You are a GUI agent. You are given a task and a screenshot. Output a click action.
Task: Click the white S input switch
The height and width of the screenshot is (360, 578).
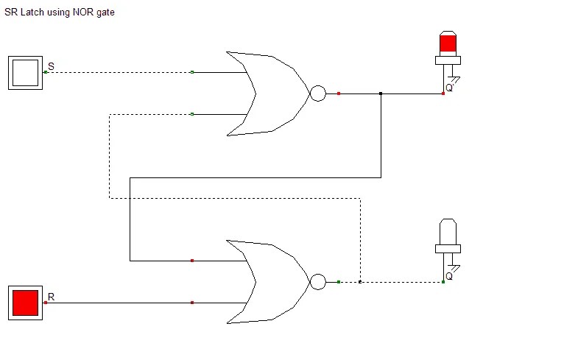coord(25,72)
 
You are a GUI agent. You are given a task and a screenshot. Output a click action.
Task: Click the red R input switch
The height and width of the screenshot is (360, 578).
coord(25,302)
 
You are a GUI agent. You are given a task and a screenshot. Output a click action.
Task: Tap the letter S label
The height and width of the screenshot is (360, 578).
coord(51,67)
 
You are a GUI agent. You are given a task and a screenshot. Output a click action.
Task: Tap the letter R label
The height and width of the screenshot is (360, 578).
coord(51,297)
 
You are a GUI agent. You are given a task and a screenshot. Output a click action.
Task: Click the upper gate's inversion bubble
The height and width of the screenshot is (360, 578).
coord(317,93)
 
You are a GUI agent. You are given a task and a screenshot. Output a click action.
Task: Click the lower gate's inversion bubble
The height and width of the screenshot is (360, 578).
coord(317,282)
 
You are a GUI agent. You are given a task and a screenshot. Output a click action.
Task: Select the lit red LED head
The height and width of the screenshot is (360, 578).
coord(447,43)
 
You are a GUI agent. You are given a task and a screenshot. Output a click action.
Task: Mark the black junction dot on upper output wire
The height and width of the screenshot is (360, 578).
coord(381,93)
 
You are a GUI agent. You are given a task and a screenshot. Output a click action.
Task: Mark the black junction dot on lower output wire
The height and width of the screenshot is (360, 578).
coord(359,282)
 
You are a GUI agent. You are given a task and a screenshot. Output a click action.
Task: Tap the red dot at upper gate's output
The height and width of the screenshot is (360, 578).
coord(339,93)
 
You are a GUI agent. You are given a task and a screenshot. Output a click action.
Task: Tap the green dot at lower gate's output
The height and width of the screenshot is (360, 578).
coord(339,282)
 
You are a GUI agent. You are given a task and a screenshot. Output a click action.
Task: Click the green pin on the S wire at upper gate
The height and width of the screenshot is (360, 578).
coord(192,72)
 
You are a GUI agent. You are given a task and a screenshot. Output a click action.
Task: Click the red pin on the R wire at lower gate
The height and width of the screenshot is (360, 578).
coord(192,302)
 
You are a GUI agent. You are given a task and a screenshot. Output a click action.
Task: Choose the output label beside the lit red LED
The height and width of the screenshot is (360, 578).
coord(449,88)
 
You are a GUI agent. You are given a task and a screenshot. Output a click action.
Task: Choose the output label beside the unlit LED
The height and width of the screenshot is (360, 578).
coord(449,276)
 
